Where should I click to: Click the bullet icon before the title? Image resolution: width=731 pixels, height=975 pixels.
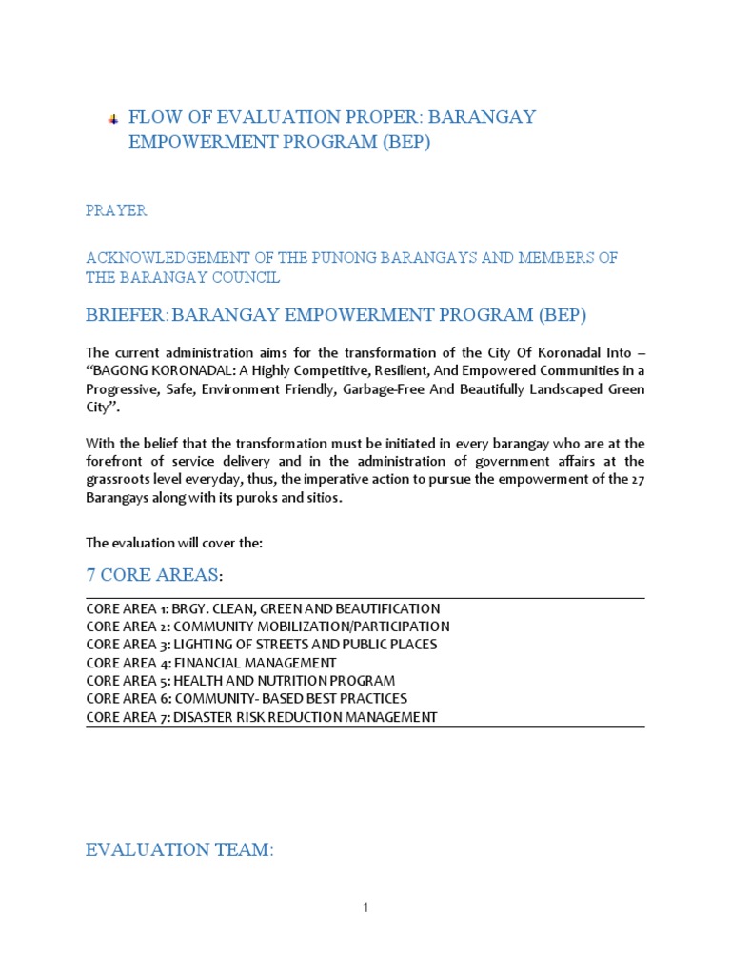coord(112,119)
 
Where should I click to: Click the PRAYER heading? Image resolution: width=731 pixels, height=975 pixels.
coord(116,210)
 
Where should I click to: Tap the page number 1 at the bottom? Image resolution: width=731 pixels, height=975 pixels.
coord(365,908)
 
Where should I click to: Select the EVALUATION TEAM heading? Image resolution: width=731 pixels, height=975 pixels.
coord(179,850)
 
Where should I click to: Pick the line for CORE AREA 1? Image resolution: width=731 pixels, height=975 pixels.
coord(263,608)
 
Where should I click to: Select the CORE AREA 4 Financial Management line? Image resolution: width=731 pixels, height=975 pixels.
coord(210,663)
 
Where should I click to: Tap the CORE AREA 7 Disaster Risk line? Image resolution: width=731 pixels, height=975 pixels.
coord(261,717)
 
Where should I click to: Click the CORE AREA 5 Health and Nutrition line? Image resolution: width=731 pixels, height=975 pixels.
coord(240,681)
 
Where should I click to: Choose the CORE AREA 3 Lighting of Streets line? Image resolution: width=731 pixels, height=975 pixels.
coord(261,645)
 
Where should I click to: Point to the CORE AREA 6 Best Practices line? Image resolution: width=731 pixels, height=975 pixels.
coord(246,699)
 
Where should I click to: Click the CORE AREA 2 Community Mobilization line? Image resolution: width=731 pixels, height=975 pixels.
coord(267,627)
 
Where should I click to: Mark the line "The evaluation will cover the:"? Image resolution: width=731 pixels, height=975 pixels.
coord(173,543)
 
